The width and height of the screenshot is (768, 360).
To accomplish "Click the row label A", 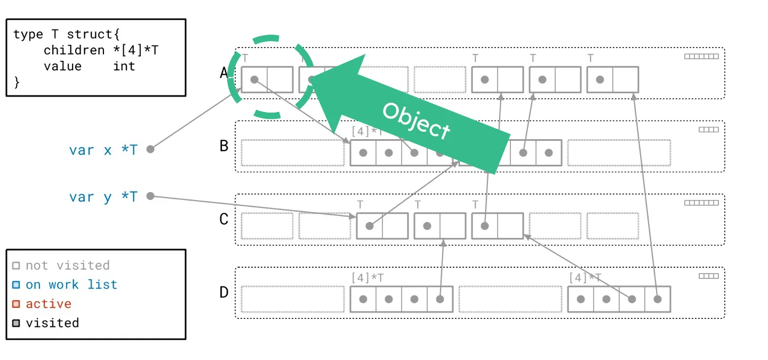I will point(224,73).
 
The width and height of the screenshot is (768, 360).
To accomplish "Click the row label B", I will point(224,146).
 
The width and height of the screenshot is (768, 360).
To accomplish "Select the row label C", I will point(224,219).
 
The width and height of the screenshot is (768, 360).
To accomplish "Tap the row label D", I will point(224,292).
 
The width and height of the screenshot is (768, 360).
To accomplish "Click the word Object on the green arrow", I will point(416,120).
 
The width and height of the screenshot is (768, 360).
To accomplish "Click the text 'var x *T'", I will point(103,150).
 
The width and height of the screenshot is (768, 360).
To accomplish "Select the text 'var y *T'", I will point(103,197).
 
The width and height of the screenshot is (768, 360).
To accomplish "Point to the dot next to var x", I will point(150,149).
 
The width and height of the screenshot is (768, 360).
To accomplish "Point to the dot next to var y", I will point(150,196).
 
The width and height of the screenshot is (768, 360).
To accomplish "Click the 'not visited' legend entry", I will point(67,266).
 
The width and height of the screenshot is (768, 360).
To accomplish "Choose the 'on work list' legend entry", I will point(71,285).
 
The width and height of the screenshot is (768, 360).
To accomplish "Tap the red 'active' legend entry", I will point(49,304).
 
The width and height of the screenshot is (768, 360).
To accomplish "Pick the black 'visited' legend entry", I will point(52,323).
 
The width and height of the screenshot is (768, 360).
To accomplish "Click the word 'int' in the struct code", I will point(124,66).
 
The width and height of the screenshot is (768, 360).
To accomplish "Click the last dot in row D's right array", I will point(658,299).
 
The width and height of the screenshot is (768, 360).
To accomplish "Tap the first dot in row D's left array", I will point(363,299).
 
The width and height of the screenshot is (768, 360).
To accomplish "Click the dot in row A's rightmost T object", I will point(600,79).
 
